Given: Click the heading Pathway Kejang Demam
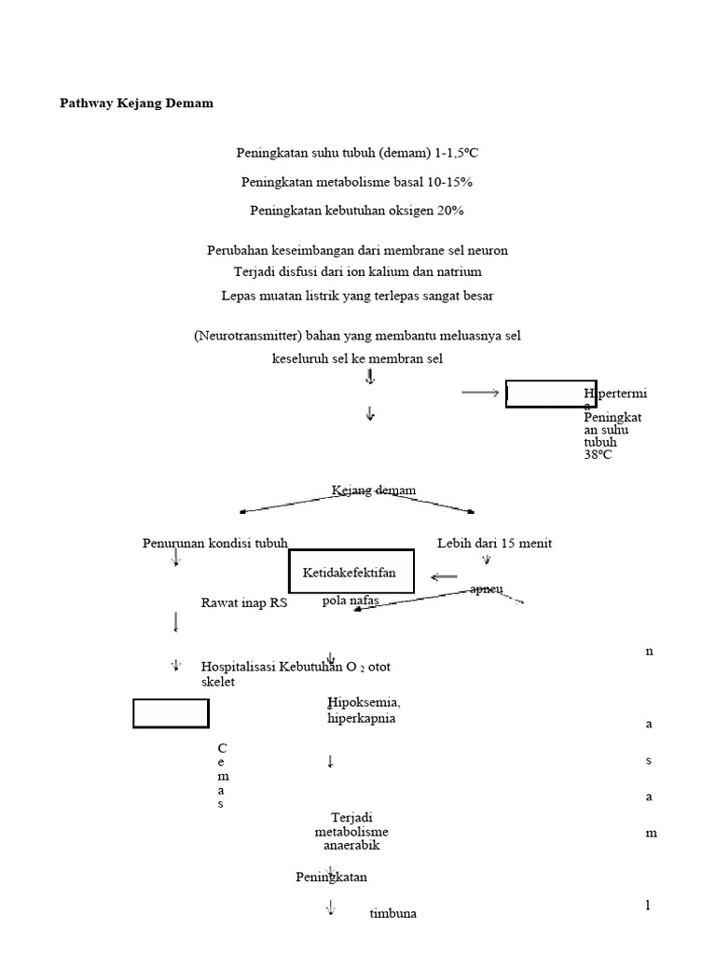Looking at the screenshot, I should pyautogui.click(x=136, y=104).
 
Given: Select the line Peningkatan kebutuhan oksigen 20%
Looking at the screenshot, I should pyautogui.click(x=356, y=211).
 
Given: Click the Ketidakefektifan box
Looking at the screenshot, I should pyautogui.click(x=351, y=572).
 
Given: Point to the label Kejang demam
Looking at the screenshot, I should pyautogui.click(x=373, y=491).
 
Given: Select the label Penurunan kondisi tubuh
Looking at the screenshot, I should pyautogui.click(x=214, y=544).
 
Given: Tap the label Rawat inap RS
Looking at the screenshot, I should pyautogui.click(x=244, y=603).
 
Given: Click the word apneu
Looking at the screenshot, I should pyautogui.click(x=487, y=589).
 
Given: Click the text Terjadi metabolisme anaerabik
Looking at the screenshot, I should pyautogui.click(x=351, y=832).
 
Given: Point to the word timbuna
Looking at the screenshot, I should pyautogui.click(x=392, y=914).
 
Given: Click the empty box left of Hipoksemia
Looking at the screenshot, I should pyautogui.click(x=171, y=713).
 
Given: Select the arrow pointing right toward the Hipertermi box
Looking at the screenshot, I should pyautogui.click(x=480, y=394).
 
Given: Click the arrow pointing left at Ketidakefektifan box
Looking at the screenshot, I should pyautogui.click(x=444, y=577).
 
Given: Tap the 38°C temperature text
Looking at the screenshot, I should pyautogui.click(x=599, y=455).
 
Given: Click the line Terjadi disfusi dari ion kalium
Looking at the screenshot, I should pyautogui.click(x=356, y=272).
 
